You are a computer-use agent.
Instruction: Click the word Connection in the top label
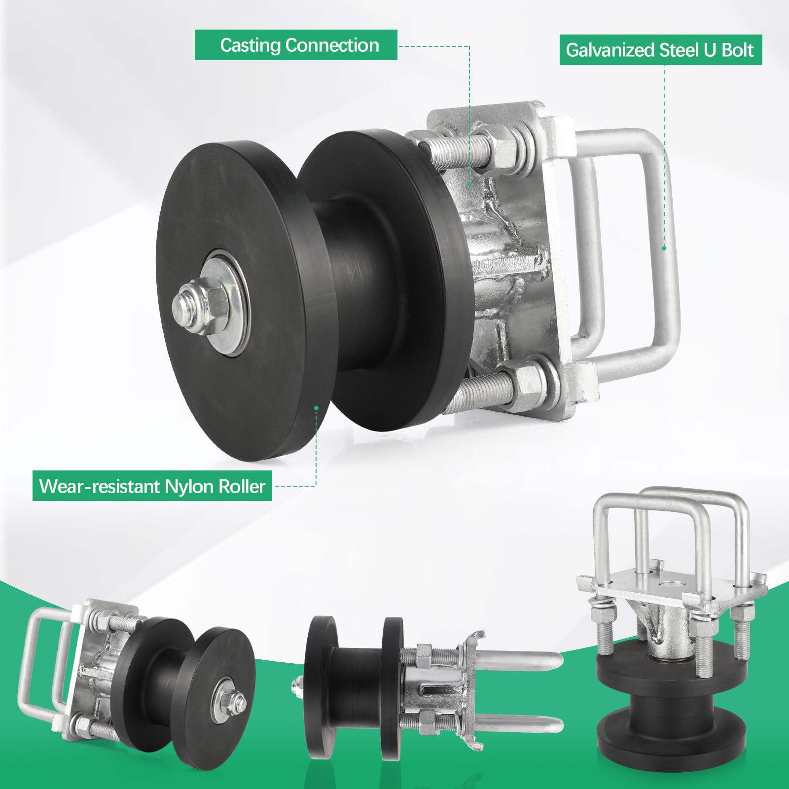tap(332, 45)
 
